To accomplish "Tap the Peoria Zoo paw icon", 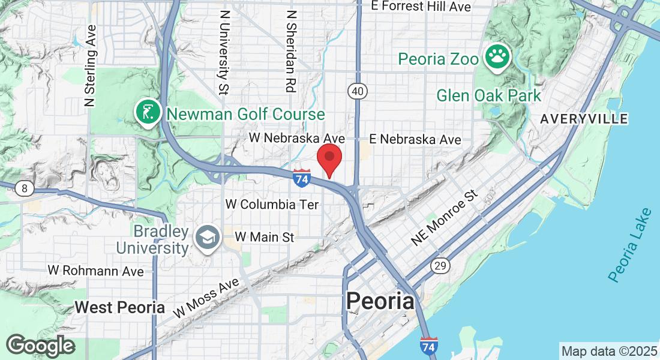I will click(497, 57).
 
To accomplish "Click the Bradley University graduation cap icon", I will click(206, 238).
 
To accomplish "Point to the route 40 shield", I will click(357, 91).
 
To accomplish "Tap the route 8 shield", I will click(24, 189).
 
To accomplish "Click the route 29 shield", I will click(439, 266).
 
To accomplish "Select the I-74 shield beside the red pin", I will click(302, 177).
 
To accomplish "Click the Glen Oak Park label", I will click(488, 95).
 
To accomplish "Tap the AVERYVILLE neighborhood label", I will click(584, 119).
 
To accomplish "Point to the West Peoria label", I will click(119, 307).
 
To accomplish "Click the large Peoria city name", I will click(380, 301).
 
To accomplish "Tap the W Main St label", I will click(265, 238).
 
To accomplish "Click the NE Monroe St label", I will click(445, 218).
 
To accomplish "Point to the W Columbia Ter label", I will click(272, 205).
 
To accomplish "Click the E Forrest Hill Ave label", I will click(421, 7).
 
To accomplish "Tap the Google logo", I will click(40, 346).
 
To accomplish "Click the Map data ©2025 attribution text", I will click(608, 350).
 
